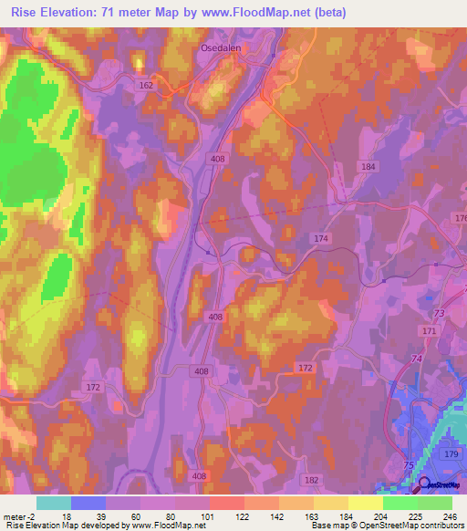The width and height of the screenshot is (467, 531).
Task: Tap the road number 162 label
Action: tap(148, 85)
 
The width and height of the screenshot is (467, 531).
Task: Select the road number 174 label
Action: tap(320, 238)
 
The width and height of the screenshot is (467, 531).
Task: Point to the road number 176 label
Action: tap(459, 218)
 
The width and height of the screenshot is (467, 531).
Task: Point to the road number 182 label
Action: tap(313, 480)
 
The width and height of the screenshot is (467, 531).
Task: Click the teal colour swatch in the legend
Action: tap(53, 503)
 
